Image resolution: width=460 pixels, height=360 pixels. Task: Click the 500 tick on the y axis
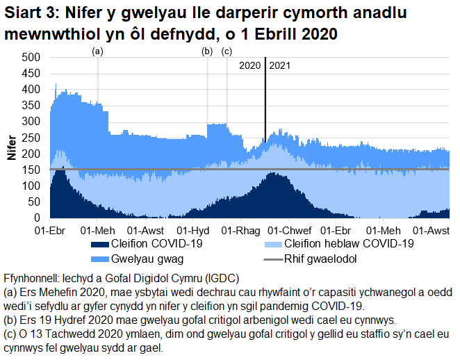[x=32, y=58]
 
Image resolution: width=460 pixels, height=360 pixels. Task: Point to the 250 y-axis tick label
[x=32, y=138]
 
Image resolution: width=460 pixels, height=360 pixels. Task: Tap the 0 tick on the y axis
[x=39, y=218]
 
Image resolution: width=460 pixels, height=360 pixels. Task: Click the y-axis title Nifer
[x=12, y=147]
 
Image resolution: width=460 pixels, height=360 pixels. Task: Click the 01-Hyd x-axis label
[x=195, y=230]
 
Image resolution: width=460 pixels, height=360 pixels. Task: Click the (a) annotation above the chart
[x=98, y=51]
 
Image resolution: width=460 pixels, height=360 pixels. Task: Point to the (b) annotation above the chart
[x=206, y=51]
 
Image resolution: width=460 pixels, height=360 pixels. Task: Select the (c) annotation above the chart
[x=227, y=51]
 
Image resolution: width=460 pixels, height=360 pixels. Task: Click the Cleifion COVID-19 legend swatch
[x=100, y=244]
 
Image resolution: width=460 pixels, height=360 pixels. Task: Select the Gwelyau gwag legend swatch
[x=100, y=259]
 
